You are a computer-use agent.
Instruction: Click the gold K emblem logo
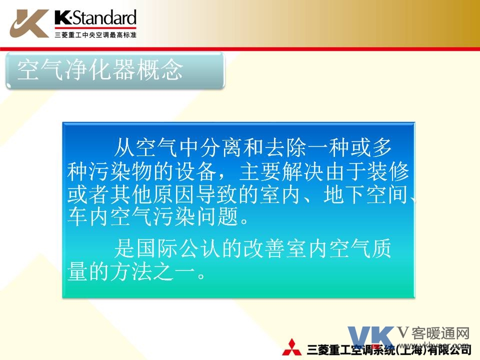click(29, 23)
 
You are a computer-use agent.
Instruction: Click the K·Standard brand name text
click(95, 17)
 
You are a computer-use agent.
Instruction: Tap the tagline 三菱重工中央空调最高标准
click(95, 35)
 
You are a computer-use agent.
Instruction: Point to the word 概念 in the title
click(159, 70)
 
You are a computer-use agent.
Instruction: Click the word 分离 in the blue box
click(221, 147)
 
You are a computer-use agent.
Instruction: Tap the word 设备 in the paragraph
click(195, 171)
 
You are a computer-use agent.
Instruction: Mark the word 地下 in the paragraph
click(344, 194)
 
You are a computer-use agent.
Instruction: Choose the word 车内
click(88, 216)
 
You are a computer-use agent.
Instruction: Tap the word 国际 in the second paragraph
click(156, 248)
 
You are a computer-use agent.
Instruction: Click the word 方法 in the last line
click(131, 272)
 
